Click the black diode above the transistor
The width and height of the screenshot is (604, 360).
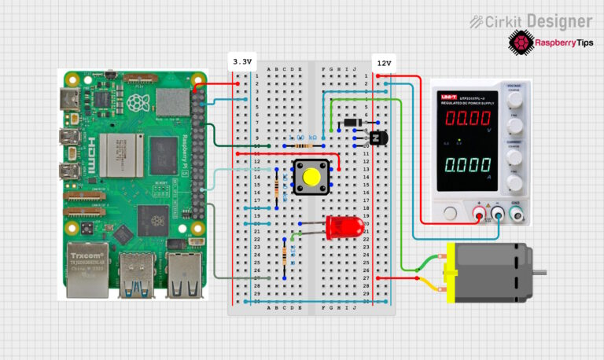pos(351,122)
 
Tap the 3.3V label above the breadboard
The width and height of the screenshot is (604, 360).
pos(242,61)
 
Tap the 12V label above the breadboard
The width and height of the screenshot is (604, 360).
pos(384,61)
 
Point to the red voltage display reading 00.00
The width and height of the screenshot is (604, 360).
pos(470,119)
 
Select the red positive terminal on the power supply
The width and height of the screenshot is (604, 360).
pos(479,211)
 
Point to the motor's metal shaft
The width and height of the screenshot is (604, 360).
pos(540,271)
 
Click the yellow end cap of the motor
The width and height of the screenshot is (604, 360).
pos(451,272)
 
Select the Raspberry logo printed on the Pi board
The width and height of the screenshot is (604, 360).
pos(139,103)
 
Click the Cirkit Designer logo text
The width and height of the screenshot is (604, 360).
pos(532,21)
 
